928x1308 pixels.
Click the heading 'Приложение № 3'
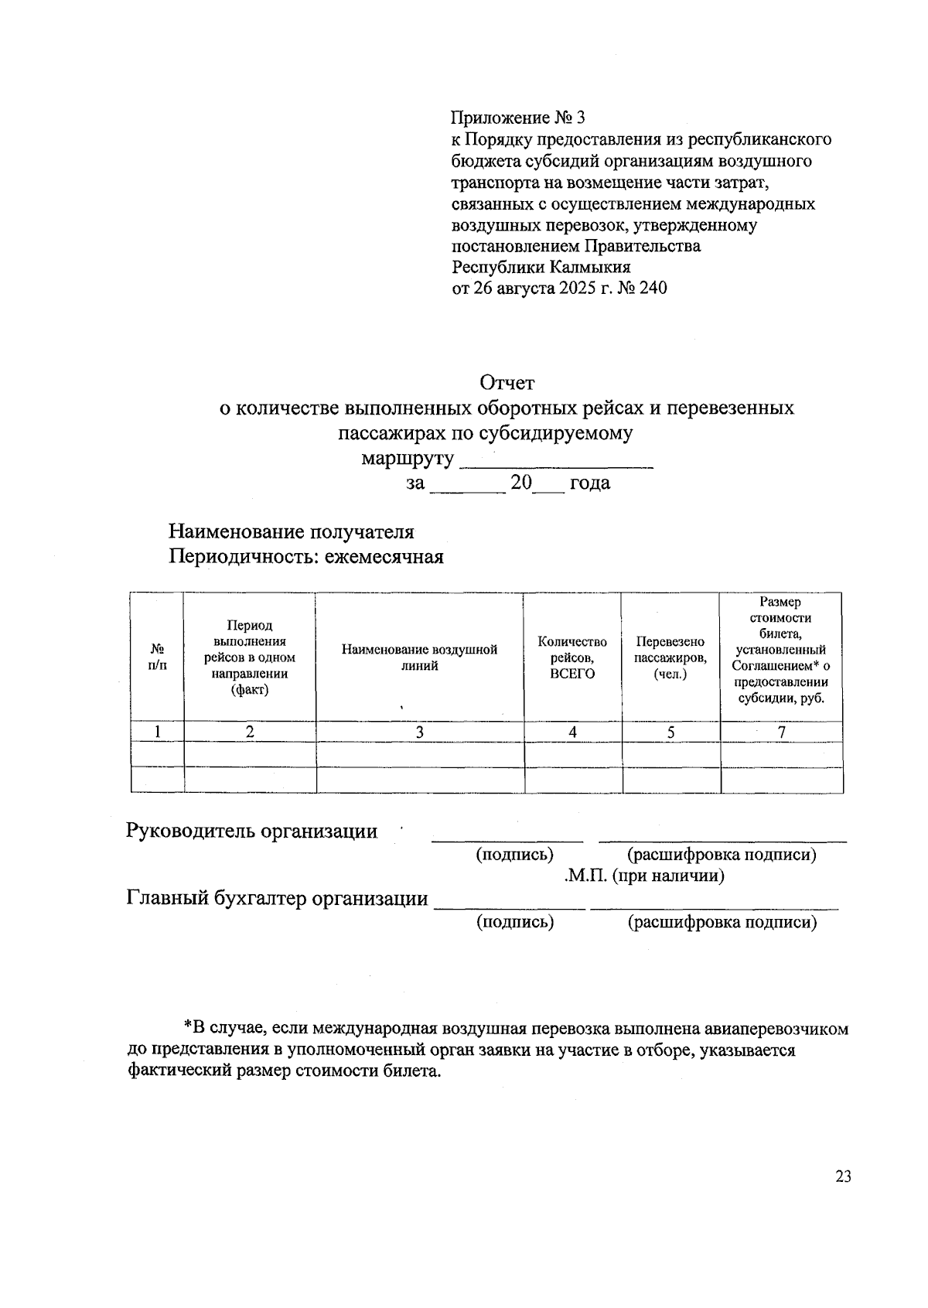[518, 118]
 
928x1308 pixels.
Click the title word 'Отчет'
[507, 382]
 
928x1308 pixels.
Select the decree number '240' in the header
[652, 289]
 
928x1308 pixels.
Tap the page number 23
[842, 1177]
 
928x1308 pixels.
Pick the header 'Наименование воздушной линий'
[419, 657]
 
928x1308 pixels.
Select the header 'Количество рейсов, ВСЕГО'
[572, 657]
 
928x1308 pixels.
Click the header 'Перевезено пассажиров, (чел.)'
[670, 657]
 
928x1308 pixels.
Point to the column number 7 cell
[782, 732]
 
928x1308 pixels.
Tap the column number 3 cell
[419, 732]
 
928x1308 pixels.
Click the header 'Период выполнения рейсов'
[249, 657]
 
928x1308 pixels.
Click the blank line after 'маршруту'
[556, 460]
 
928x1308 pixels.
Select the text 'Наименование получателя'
[292, 532]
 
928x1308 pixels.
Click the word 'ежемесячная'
[384, 557]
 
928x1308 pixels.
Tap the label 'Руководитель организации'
[251, 831]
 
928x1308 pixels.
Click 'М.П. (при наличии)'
[643, 876]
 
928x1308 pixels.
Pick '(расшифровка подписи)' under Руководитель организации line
[722, 854]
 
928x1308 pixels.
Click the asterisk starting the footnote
[187, 1028]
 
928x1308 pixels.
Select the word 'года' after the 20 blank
[589, 483]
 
